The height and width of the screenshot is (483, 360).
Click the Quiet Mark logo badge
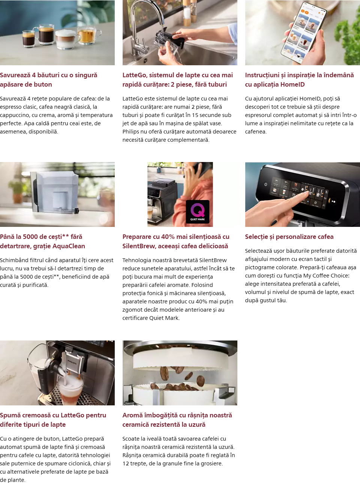197,211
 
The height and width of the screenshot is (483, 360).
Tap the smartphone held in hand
304,33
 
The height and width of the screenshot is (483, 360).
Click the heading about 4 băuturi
49,79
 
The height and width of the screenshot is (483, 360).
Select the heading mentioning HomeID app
300,79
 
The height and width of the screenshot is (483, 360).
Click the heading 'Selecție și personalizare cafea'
289,237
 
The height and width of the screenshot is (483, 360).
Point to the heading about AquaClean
42,241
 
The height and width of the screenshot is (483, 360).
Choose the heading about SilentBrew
176,241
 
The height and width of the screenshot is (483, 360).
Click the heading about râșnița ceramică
177,420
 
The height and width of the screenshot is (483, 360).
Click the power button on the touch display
265,184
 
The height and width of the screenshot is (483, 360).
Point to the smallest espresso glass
28,39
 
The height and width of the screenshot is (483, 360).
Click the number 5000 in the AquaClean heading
30,237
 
